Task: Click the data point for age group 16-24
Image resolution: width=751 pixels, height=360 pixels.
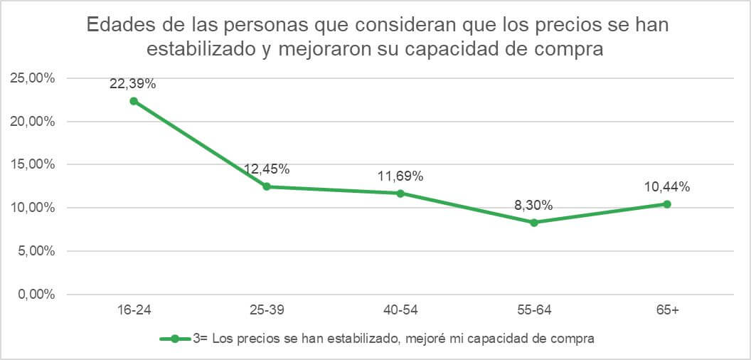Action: (133, 101)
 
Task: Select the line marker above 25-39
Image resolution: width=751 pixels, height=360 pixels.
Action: (267, 186)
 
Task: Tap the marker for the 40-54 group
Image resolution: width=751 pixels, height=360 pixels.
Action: (400, 193)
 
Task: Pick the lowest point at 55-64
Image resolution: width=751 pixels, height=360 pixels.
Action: (534, 222)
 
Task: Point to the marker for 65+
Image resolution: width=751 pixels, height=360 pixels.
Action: (667, 204)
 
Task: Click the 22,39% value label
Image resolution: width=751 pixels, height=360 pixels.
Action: (133, 83)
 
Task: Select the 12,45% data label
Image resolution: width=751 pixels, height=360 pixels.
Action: (267, 169)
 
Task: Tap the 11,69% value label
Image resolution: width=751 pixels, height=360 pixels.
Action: (400, 176)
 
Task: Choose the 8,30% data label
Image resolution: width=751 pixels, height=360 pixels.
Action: (534, 206)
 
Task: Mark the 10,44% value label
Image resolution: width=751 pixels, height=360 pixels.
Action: (667, 187)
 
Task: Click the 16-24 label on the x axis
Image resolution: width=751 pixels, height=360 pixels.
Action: (133, 311)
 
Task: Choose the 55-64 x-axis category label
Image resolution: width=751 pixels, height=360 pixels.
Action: (534, 311)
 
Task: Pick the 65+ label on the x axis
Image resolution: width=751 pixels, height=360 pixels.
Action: (667, 311)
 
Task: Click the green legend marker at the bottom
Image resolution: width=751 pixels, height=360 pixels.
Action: (175, 339)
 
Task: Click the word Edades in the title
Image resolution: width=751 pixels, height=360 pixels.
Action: (117, 26)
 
